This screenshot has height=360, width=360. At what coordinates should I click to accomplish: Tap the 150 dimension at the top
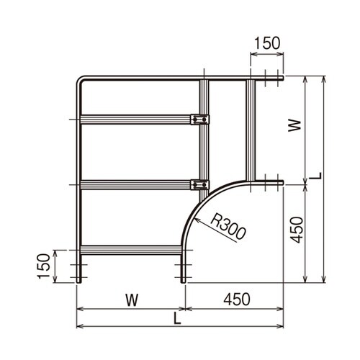tap(267, 43)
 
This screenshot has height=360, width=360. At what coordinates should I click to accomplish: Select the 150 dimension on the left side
tap(44, 266)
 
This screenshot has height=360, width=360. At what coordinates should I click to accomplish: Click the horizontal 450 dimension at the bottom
tap(237, 300)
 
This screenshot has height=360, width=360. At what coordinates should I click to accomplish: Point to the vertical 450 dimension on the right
tap(297, 230)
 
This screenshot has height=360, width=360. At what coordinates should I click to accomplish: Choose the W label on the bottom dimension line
tap(132, 300)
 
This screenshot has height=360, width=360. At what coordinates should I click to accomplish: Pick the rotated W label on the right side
tap(294, 125)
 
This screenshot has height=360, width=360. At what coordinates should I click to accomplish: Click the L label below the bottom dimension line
tap(177, 319)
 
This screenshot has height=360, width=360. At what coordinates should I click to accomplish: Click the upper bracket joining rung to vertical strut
tap(199, 120)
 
